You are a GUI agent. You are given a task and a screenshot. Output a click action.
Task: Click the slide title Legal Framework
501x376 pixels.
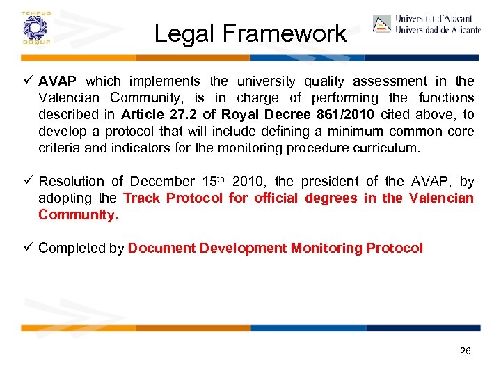coord(250,33)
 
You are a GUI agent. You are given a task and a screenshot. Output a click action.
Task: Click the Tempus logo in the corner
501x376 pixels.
coord(33,27)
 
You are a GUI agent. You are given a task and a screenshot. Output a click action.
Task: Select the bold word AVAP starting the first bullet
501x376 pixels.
coord(57,81)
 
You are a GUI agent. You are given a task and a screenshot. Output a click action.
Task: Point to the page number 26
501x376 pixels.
coord(466,351)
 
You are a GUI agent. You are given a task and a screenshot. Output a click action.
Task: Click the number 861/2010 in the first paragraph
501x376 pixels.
coord(348,115)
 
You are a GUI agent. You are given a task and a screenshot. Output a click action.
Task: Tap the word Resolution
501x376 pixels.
coord(71,182)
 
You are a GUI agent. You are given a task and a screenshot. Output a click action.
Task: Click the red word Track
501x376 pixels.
coord(141,198)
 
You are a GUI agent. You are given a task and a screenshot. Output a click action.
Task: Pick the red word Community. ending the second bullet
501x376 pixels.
coord(78,214)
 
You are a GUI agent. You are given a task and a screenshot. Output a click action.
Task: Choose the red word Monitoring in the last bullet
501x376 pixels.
coord(326,248)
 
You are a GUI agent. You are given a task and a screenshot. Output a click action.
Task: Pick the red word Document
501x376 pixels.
coord(161,248)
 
